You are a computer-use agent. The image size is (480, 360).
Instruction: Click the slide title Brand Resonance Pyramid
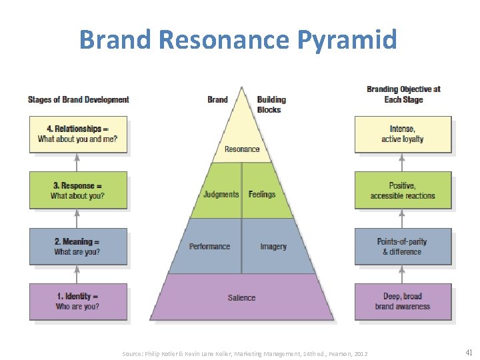(238, 39)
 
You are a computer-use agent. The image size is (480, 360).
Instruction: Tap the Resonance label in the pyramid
(242, 149)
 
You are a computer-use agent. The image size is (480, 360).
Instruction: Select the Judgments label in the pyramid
(221, 195)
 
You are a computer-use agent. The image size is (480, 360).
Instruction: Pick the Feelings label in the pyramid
(262, 195)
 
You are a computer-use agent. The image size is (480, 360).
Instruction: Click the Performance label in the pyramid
(209, 247)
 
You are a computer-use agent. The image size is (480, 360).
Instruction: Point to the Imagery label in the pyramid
(273, 247)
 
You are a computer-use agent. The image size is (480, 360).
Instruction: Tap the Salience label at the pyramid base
(241, 298)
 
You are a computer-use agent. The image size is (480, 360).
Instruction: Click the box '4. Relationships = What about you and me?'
(78, 134)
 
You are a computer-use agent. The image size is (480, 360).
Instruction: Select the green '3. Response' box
(78, 191)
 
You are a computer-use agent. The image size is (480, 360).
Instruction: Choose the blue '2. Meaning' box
(78, 247)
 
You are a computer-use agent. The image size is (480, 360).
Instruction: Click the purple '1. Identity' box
(78, 301)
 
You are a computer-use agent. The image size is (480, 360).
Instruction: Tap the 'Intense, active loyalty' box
(403, 134)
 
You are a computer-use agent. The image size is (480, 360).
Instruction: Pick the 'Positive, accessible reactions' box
(403, 191)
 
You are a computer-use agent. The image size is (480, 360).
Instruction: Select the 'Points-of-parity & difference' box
(403, 247)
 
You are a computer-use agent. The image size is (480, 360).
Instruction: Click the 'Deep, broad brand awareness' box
(403, 301)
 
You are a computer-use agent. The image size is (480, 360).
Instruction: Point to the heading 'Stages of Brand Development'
(79, 100)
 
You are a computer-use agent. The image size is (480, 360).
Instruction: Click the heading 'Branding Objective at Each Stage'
(403, 94)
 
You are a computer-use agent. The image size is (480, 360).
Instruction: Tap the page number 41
(468, 353)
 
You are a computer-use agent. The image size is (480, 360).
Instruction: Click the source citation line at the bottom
(245, 353)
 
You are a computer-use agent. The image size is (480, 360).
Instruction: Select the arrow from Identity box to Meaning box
(77, 274)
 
